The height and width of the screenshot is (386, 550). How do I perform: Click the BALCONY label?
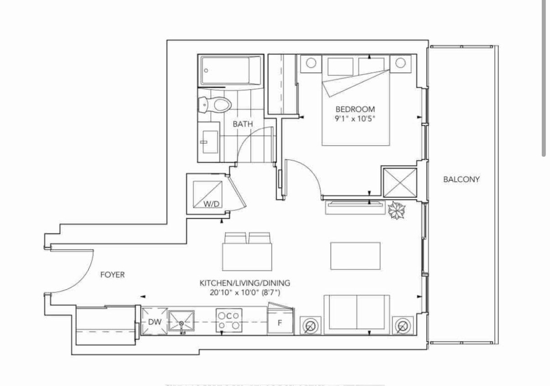coord(461,180)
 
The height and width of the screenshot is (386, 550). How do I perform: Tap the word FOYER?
coord(112,275)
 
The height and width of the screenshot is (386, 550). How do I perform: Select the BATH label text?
coord(243,124)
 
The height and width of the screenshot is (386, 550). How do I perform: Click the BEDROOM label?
coord(355,109)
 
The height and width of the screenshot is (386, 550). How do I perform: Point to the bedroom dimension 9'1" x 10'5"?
coord(355,119)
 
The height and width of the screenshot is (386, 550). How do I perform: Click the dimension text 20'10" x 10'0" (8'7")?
coord(245,293)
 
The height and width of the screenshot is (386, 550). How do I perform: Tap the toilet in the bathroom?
coord(214,104)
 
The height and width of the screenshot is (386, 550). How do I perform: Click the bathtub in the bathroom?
coord(231,70)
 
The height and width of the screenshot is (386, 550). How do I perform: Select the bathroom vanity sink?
coord(210,142)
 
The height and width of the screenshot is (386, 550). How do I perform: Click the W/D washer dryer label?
coord(211,204)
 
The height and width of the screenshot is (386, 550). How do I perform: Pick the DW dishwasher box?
coord(155,321)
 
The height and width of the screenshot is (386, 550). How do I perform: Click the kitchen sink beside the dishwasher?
coord(182,321)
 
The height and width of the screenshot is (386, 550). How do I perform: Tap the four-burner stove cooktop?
coord(229,320)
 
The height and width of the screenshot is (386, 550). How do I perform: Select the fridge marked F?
coord(280,321)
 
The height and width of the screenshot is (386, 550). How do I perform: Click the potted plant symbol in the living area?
coord(396,210)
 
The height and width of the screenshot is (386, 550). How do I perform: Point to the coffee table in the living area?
coord(355,256)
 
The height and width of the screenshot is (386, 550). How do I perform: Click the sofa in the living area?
coord(357,315)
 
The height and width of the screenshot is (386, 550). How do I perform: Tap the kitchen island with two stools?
coord(247,257)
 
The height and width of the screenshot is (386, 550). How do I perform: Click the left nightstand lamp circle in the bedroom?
coord(311,63)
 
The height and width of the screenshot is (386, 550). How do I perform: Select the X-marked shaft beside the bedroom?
coord(400,182)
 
